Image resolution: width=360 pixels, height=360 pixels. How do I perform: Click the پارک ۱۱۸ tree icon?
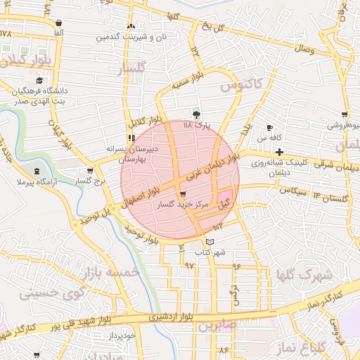(196, 115)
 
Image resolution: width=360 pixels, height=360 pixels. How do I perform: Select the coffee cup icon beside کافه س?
(270, 127)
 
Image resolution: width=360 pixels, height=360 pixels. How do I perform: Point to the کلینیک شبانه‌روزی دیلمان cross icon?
(279, 152)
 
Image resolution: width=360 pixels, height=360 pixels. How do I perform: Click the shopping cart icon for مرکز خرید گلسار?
(184, 193)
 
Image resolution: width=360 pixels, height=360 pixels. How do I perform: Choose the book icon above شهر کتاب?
(218, 241)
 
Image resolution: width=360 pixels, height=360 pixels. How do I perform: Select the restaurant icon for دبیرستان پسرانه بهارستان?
(130, 138)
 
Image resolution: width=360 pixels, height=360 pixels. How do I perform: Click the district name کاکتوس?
(240, 85)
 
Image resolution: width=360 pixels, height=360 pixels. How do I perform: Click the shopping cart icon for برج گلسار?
(89, 171)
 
